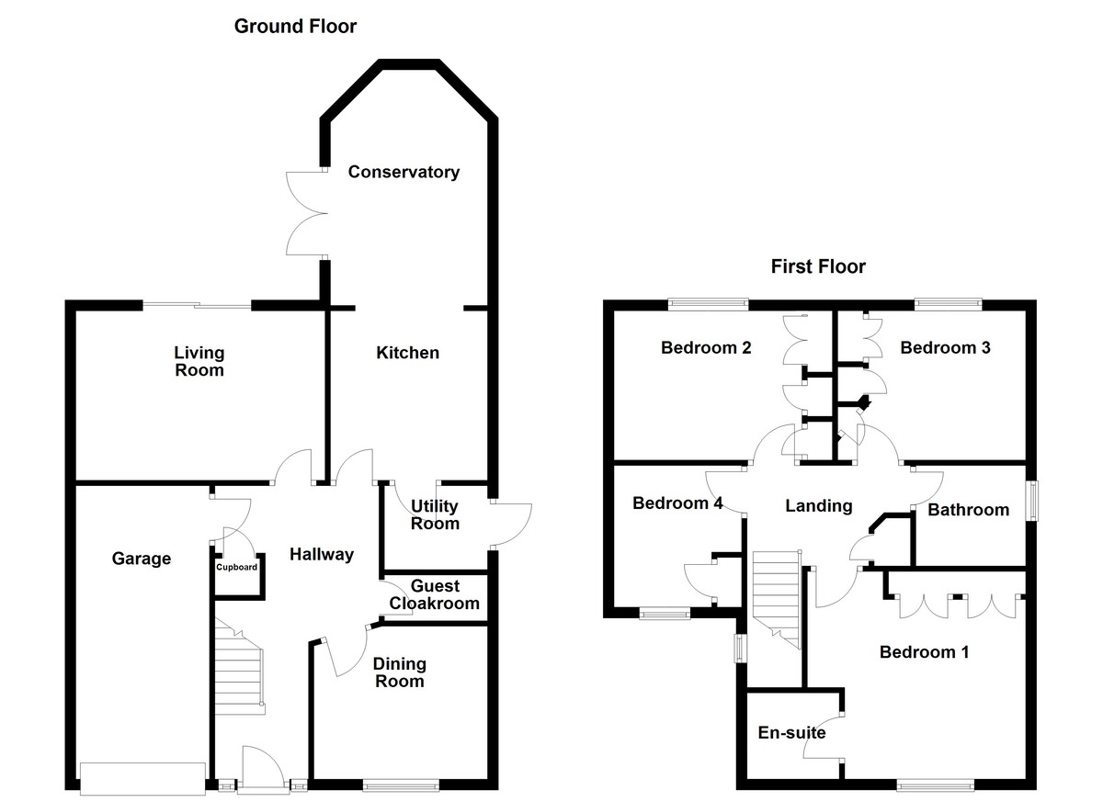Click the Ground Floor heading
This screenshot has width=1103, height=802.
295,26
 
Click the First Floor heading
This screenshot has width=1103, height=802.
818,267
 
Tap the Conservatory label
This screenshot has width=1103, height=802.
404,172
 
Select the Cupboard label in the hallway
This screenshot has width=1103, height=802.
237,567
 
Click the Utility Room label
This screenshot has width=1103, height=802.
435,514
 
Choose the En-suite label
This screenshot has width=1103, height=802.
791,733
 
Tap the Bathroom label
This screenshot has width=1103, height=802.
968,510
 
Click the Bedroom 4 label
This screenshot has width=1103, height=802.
677,503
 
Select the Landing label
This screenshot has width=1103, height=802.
818,505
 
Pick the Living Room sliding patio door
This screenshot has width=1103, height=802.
196,305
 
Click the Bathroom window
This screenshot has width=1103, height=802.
1031,503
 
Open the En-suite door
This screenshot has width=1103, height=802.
824,736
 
